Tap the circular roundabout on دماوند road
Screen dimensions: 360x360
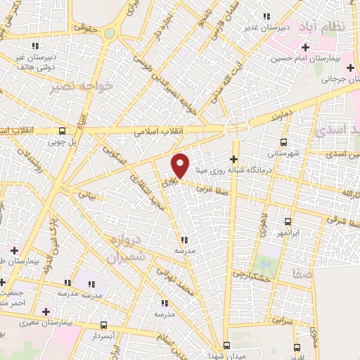click(x=237, y=128)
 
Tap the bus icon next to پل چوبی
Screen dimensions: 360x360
click(x=63, y=130)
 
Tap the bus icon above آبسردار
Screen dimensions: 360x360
click(x=103, y=325)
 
